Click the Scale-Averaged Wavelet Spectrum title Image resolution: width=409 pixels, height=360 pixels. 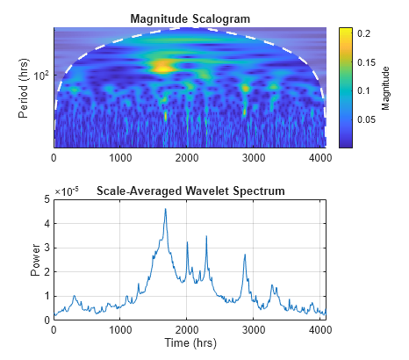click(190, 191)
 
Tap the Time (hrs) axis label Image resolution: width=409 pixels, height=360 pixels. click(189, 342)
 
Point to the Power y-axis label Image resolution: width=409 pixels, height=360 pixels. click(35, 260)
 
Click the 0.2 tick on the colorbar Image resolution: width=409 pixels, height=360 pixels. click(364, 33)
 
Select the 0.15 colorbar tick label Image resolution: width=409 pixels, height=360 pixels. click(367, 61)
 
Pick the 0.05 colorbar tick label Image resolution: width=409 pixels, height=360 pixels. click(367, 119)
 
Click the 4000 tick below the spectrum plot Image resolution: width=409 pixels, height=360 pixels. click(319, 329)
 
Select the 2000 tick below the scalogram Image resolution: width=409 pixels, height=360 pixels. click(187, 158)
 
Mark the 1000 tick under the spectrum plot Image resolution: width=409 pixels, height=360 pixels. click(120, 329)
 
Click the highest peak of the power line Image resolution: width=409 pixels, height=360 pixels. click(165, 210)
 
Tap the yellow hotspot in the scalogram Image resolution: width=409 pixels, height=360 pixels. click(161, 65)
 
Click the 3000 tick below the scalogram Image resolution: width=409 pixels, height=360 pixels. click(253, 158)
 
